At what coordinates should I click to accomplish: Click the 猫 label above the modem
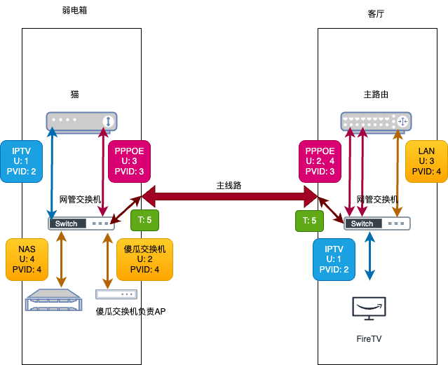(75, 94)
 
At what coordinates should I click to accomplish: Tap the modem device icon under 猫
(82, 121)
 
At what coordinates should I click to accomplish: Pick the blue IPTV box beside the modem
(21, 161)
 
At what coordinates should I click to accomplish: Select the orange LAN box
(426, 160)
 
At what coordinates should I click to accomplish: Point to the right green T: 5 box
(308, 221)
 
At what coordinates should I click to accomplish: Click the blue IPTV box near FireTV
(334, 259)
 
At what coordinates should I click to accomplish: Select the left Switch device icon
(81, 223)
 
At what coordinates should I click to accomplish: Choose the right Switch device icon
(376, 223)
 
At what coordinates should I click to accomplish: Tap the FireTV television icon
(369, 308)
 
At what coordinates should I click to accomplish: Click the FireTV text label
(369, 338)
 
